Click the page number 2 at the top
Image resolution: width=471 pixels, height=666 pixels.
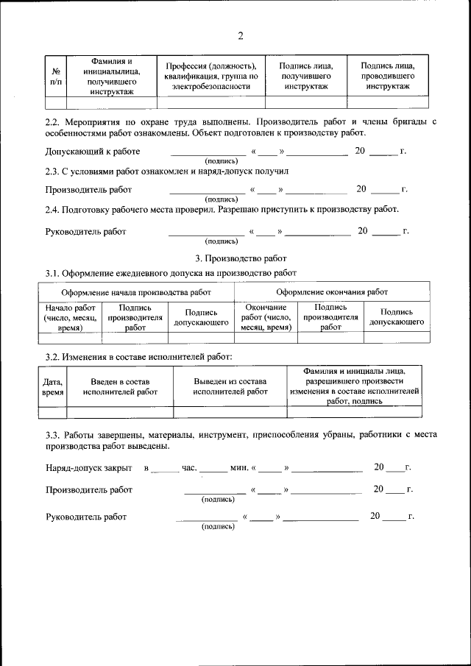tap(240, 36)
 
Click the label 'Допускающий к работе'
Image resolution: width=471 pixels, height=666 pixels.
tap(92, 152)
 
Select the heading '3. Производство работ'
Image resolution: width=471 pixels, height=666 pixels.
tap(235, 258)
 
